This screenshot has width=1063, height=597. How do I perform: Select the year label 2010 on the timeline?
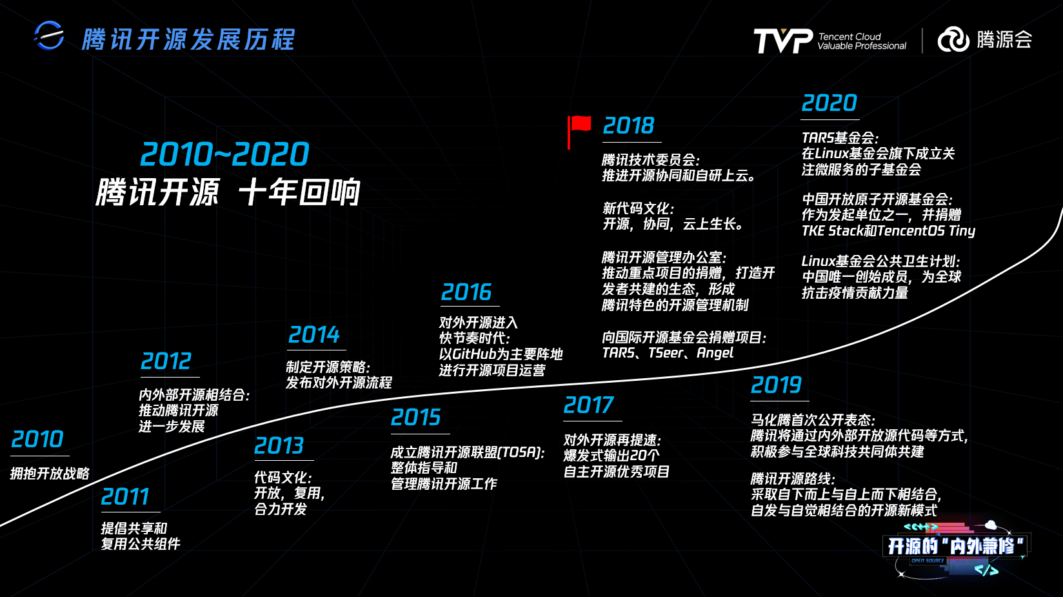coord(37,440)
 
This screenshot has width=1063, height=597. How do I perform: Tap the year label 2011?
coord(125,497)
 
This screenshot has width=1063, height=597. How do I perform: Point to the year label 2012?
coord(166,361)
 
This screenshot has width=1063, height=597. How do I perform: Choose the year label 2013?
coord(279,445)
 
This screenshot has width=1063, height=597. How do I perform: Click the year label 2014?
coord(313,335)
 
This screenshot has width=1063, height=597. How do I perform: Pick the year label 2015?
coord(415,418)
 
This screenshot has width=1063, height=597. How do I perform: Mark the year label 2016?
coord(466,292)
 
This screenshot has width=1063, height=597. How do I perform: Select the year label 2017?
coord(588,405)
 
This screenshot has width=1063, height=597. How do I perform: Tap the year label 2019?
coord(777,385)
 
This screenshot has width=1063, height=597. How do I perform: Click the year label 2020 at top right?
coord(829,103)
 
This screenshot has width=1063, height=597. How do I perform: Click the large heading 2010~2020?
coord(225,154)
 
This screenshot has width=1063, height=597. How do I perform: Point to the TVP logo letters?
coord(783,41)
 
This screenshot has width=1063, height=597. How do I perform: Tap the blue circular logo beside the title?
coord(49,35)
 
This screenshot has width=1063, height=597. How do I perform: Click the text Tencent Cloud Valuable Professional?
coord(862,41)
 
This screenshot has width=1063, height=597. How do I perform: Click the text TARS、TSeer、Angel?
coord(668,353)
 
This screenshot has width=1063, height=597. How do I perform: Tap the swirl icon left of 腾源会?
coord(953,39)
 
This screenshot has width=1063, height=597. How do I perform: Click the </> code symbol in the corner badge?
coord(986,570)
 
